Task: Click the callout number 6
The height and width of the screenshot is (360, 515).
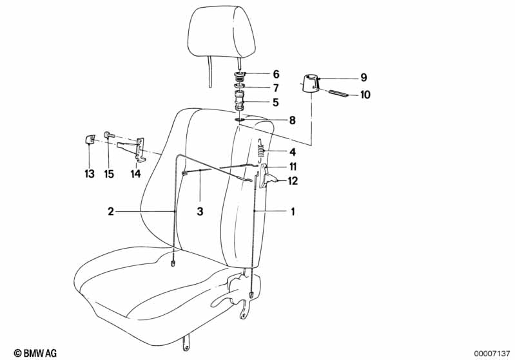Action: coord(276,74)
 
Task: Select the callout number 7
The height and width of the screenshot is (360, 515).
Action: coord(276,88)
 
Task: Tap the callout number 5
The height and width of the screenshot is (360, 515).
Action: coord(276,102)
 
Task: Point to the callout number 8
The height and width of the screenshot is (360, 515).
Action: coord(276,120)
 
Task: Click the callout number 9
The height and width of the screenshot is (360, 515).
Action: coord(364,78)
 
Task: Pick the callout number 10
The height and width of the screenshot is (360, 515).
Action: coord(365,95)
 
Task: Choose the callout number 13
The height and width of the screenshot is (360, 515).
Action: coord(89,174)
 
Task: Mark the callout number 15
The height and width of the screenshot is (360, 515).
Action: coord(108,174)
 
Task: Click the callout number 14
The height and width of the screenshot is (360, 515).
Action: coord(135,174)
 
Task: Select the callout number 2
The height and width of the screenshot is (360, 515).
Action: coord(111,211)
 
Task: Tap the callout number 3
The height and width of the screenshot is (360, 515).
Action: coord(200,211)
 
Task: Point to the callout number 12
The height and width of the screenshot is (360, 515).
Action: coord(293,181)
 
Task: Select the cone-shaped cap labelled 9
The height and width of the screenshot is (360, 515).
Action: coord(311,85)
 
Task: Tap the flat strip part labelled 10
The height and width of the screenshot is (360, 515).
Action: coord(340,93)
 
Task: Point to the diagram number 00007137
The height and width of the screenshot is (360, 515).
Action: coord(491,352)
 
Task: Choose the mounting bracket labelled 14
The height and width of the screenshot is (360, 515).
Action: coord(138,148)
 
